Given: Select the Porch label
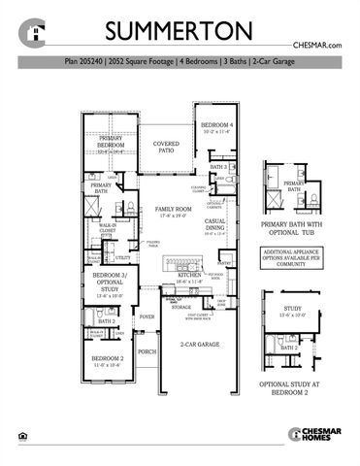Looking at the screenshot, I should (x=147, y=352).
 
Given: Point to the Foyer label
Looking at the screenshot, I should (x=147, y=316).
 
